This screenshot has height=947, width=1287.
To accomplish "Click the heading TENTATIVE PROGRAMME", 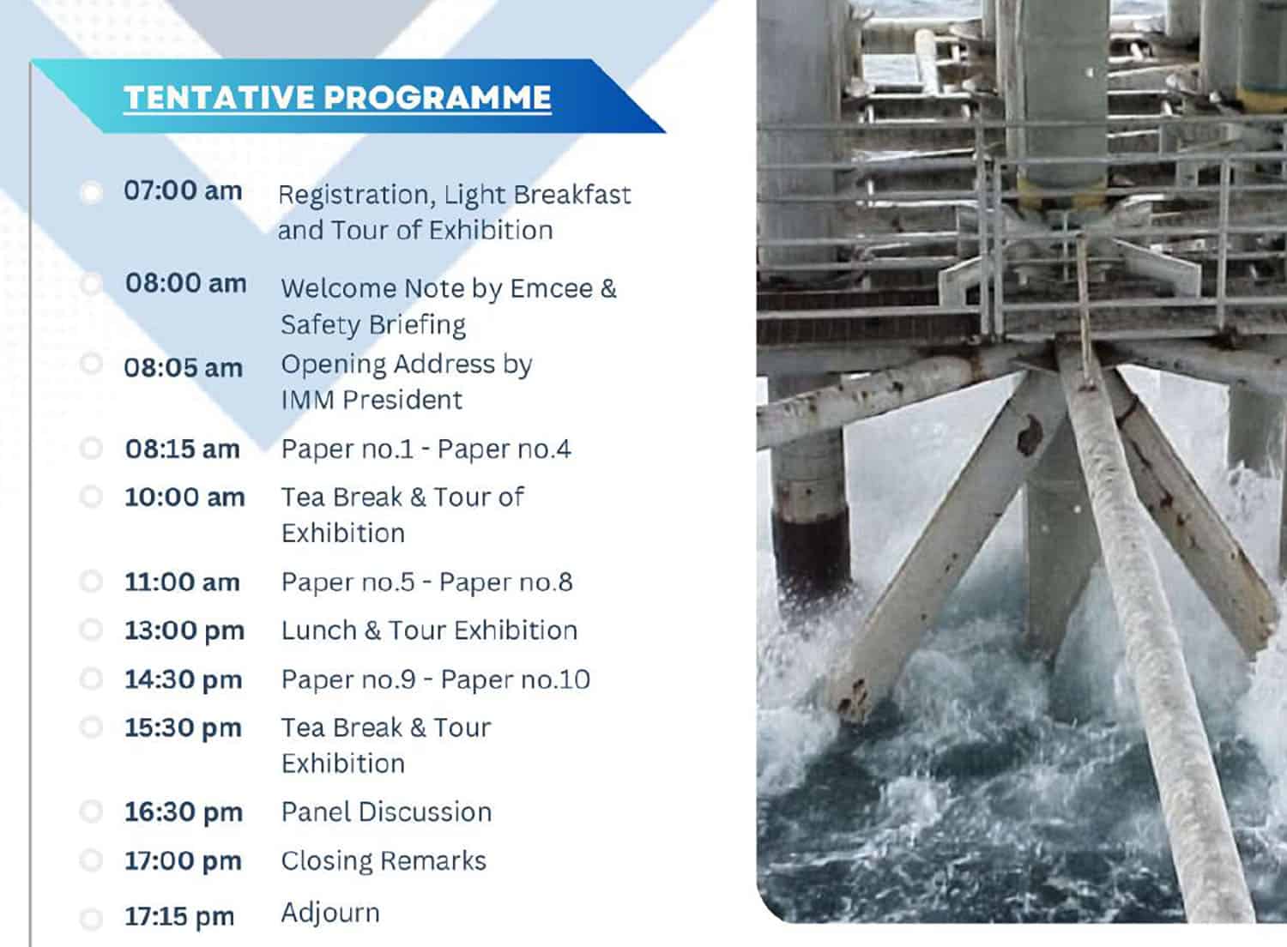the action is click(337, 97).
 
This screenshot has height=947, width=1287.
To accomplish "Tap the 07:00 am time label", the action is click(183, 190).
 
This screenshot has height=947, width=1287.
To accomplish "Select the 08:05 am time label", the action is click(184, 367).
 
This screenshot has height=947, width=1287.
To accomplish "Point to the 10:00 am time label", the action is click(184, 497).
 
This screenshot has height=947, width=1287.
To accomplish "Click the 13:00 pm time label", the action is click(184, 630).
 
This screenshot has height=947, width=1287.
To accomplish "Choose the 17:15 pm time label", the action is click(179, 917).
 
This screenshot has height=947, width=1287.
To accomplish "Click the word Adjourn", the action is click(330, 913).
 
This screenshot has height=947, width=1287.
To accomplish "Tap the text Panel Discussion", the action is click(386, 812).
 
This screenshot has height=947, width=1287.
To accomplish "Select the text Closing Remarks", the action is click(384, 861).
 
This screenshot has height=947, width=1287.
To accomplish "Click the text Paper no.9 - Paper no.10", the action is click(436, 679).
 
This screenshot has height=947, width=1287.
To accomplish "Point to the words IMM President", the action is click(372, 400).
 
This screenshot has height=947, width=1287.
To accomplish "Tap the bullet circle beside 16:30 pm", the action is click(91, 811).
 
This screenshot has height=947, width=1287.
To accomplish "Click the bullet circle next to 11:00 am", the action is click(91, 582).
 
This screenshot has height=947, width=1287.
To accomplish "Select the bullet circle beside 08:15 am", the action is click(91, 448).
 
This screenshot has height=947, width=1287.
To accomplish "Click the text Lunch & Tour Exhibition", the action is click(429, 630).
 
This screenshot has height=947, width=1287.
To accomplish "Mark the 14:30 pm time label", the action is click(184, 680).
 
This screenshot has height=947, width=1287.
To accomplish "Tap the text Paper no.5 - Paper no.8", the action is click(427, 582).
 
